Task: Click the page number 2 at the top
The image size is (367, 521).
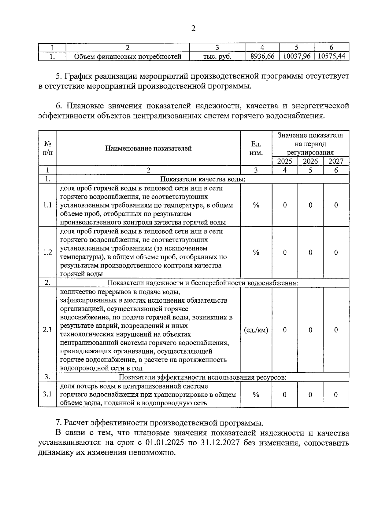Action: [193, 29]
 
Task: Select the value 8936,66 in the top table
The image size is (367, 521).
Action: [262, 56]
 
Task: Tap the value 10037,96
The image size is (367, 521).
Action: [297, 56]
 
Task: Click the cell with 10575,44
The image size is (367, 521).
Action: [332, 56]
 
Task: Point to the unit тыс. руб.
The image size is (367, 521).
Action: [217, 56]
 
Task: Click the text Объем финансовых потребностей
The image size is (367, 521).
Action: [128, 56]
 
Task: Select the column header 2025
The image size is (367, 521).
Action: [285, 161]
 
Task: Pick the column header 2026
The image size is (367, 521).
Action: [310, 161]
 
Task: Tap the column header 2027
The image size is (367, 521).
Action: [336, 161]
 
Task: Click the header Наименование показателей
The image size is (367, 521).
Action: [148, 148]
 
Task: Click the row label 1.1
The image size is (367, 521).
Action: [47, 205]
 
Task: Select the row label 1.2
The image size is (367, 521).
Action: [47, 252]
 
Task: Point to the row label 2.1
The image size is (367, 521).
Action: [47, 330]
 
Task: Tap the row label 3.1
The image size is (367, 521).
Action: [47, 394]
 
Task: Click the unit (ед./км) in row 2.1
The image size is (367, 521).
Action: [256, 330]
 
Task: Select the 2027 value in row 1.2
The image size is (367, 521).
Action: [336, 252]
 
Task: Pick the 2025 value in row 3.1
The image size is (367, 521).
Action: [285, 395]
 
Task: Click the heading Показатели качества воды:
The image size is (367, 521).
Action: [203, 179]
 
